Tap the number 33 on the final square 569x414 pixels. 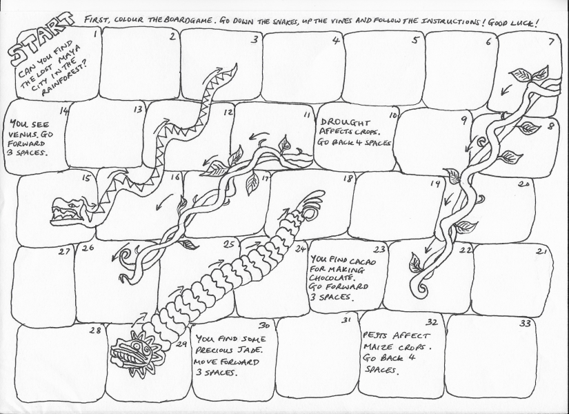(525, 324)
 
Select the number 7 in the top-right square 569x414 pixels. (551, 42)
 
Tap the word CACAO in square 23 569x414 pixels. (363, 261)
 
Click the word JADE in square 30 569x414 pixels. (250, 350)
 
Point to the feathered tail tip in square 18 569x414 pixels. (311, 204)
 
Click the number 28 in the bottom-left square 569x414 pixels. (95, 330)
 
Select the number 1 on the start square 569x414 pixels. (94, 34)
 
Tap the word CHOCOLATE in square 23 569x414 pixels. (332, 278)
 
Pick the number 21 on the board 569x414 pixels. (541, 251)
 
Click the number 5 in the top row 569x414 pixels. (415, 39)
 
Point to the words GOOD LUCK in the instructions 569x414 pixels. (512, 23)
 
